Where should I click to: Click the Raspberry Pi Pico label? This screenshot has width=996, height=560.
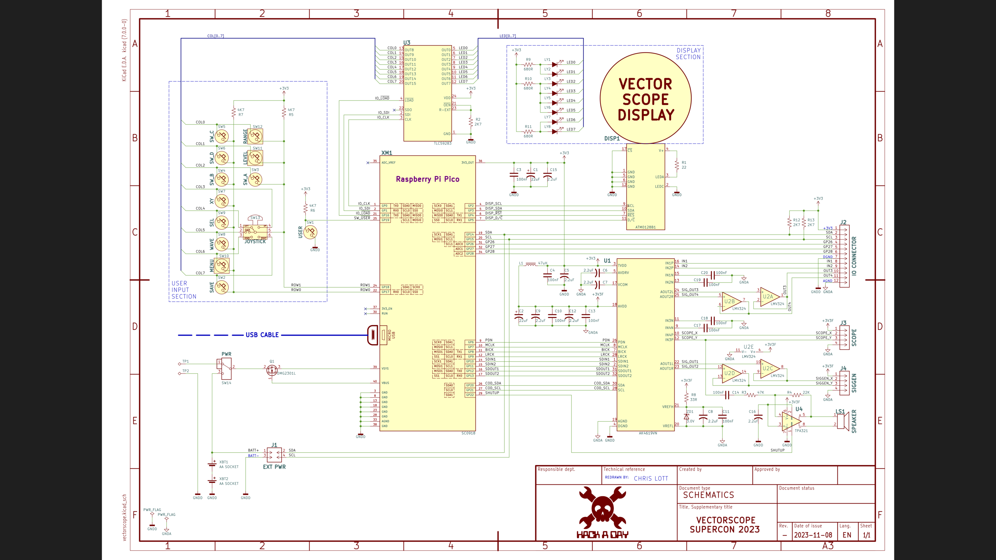click(x=427, y=179)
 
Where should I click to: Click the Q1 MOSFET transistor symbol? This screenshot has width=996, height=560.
click(x=272, y=370)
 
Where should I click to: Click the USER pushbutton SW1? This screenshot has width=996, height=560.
click(x=310, y=232)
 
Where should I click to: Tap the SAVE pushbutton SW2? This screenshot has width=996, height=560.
click(x=222, y=287)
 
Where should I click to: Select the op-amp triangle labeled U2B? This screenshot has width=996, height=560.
click(x=731, y=301)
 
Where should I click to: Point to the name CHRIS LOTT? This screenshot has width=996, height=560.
click(x=651, y=479)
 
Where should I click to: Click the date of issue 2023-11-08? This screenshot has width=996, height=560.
click(x=813, y=535)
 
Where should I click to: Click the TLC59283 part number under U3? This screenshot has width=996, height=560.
click(x=442, y=143)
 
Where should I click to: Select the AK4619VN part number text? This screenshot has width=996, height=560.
click(x=647, y=433)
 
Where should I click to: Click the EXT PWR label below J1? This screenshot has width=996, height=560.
click(x=274, y=467)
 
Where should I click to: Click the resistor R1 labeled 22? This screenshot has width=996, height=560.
click(x=677, y=165)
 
